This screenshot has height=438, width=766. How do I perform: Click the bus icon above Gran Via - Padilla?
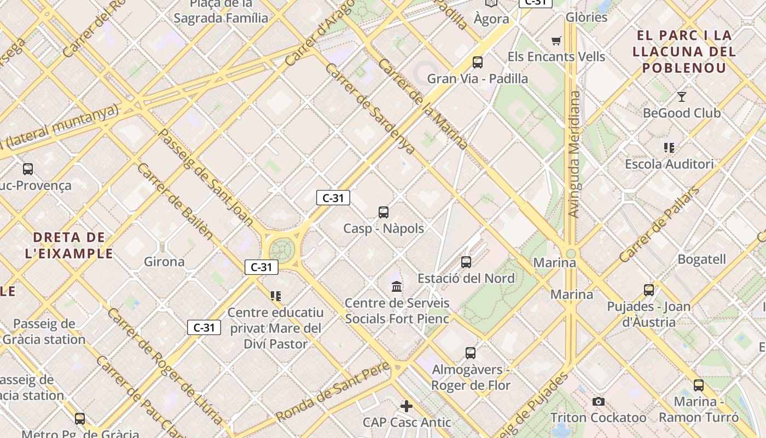478,62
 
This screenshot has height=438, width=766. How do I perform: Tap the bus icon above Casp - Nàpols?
384,212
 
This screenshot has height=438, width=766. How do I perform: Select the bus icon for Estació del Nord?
466,262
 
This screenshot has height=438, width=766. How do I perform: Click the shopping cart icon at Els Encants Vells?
556,41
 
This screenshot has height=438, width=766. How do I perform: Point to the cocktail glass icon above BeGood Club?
682,97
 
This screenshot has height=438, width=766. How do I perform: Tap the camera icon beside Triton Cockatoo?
599,402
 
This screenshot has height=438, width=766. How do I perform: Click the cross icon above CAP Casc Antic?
407,406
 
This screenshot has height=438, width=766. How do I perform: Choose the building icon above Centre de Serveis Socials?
397,286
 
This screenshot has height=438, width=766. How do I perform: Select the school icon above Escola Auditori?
669,148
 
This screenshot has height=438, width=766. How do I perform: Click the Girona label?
164,262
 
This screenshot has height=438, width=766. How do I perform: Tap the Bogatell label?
702,259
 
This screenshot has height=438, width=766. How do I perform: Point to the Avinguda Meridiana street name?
574,154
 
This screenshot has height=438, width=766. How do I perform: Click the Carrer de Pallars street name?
659,224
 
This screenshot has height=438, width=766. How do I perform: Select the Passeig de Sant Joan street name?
205,177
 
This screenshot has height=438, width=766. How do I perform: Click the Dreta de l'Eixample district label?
69,245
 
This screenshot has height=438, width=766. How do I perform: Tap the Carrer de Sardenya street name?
370,108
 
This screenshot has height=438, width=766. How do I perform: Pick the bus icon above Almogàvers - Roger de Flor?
471,353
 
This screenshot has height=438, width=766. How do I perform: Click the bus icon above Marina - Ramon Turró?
699,385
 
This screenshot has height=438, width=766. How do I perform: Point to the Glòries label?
587,17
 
